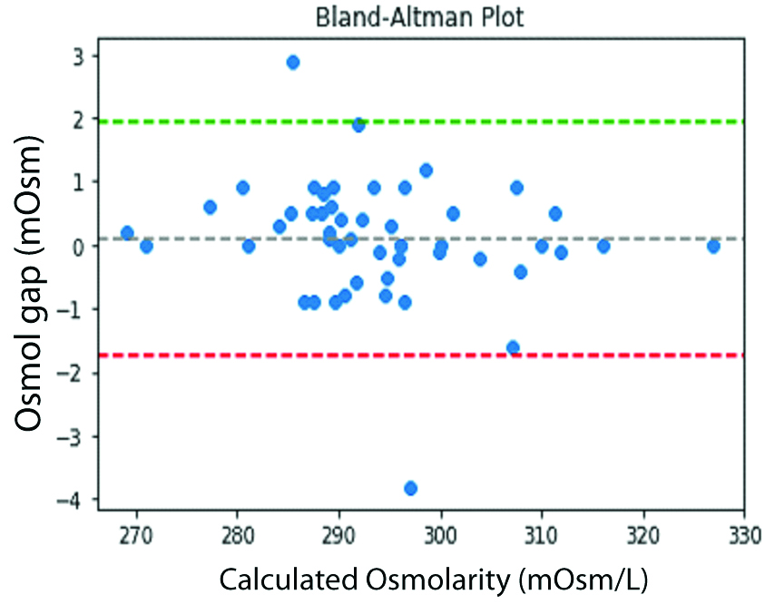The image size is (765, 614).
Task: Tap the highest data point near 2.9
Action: [x=293, y=63]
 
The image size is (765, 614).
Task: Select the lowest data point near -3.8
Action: [x=410, y=488]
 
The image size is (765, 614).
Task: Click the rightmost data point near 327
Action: [x=713, y=246]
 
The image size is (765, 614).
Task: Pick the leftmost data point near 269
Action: [x=127, y=233]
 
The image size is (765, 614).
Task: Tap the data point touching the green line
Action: [x=358, y=125]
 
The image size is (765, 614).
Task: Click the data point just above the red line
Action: [x=513, y=347]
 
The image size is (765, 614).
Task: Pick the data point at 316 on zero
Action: [x=603, y=246]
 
